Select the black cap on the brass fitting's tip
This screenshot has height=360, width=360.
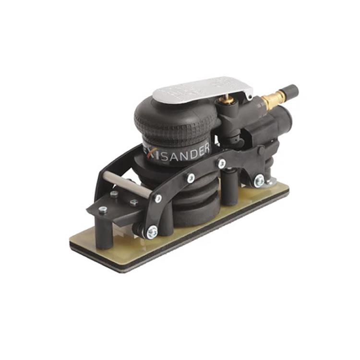pyautogui.click(x=291, y=91)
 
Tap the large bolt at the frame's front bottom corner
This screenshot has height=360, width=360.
pyautogui.click(x=152, y=232)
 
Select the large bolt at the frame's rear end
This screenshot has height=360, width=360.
pyautogui.click(x=259, y=180)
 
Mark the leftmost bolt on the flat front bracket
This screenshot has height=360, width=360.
pyautogui.click(x=103, y=209)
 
